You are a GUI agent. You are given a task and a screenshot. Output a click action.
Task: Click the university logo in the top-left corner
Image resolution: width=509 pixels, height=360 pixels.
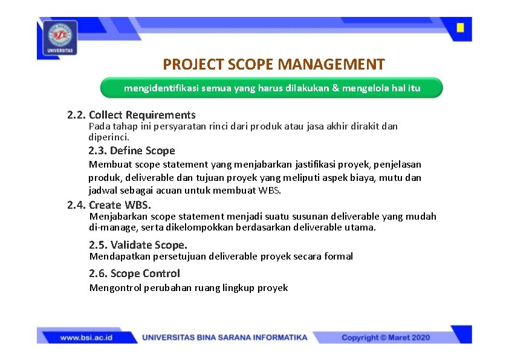click(x=60, y=38)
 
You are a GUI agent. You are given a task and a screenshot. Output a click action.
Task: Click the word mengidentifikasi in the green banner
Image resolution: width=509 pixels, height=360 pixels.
click(x=160, y=88)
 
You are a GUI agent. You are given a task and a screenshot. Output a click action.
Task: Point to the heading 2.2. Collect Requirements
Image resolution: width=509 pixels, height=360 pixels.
click(x=131, y=114)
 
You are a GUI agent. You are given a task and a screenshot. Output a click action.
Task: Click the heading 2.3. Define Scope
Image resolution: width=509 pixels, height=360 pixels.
click(x=132, y=151)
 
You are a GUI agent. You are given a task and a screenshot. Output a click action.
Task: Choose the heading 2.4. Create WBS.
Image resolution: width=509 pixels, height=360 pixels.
click(x=109, y=205)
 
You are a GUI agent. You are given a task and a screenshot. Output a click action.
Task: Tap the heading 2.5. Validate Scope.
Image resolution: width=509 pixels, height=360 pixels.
click(x=138, y=245)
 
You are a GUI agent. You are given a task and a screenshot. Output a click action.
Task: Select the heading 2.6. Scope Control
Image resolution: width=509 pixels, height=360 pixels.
click(x=134, y=273)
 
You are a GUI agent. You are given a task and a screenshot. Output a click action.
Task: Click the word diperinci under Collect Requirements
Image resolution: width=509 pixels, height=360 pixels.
click(x=109, y=137)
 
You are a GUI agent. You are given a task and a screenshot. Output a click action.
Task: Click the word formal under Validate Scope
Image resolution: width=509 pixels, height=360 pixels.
click(x=339, y=257)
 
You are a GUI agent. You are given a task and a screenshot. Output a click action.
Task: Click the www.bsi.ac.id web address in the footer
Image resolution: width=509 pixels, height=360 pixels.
click(x=86, y=338)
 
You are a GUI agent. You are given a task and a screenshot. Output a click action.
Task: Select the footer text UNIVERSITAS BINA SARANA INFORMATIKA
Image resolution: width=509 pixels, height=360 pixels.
click(x=225, y=338)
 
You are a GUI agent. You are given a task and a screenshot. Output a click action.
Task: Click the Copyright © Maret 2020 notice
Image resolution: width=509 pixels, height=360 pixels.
click(x=386, y=338)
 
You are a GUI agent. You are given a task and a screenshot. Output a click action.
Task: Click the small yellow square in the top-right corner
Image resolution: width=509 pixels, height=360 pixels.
click(x=460, y=28)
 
